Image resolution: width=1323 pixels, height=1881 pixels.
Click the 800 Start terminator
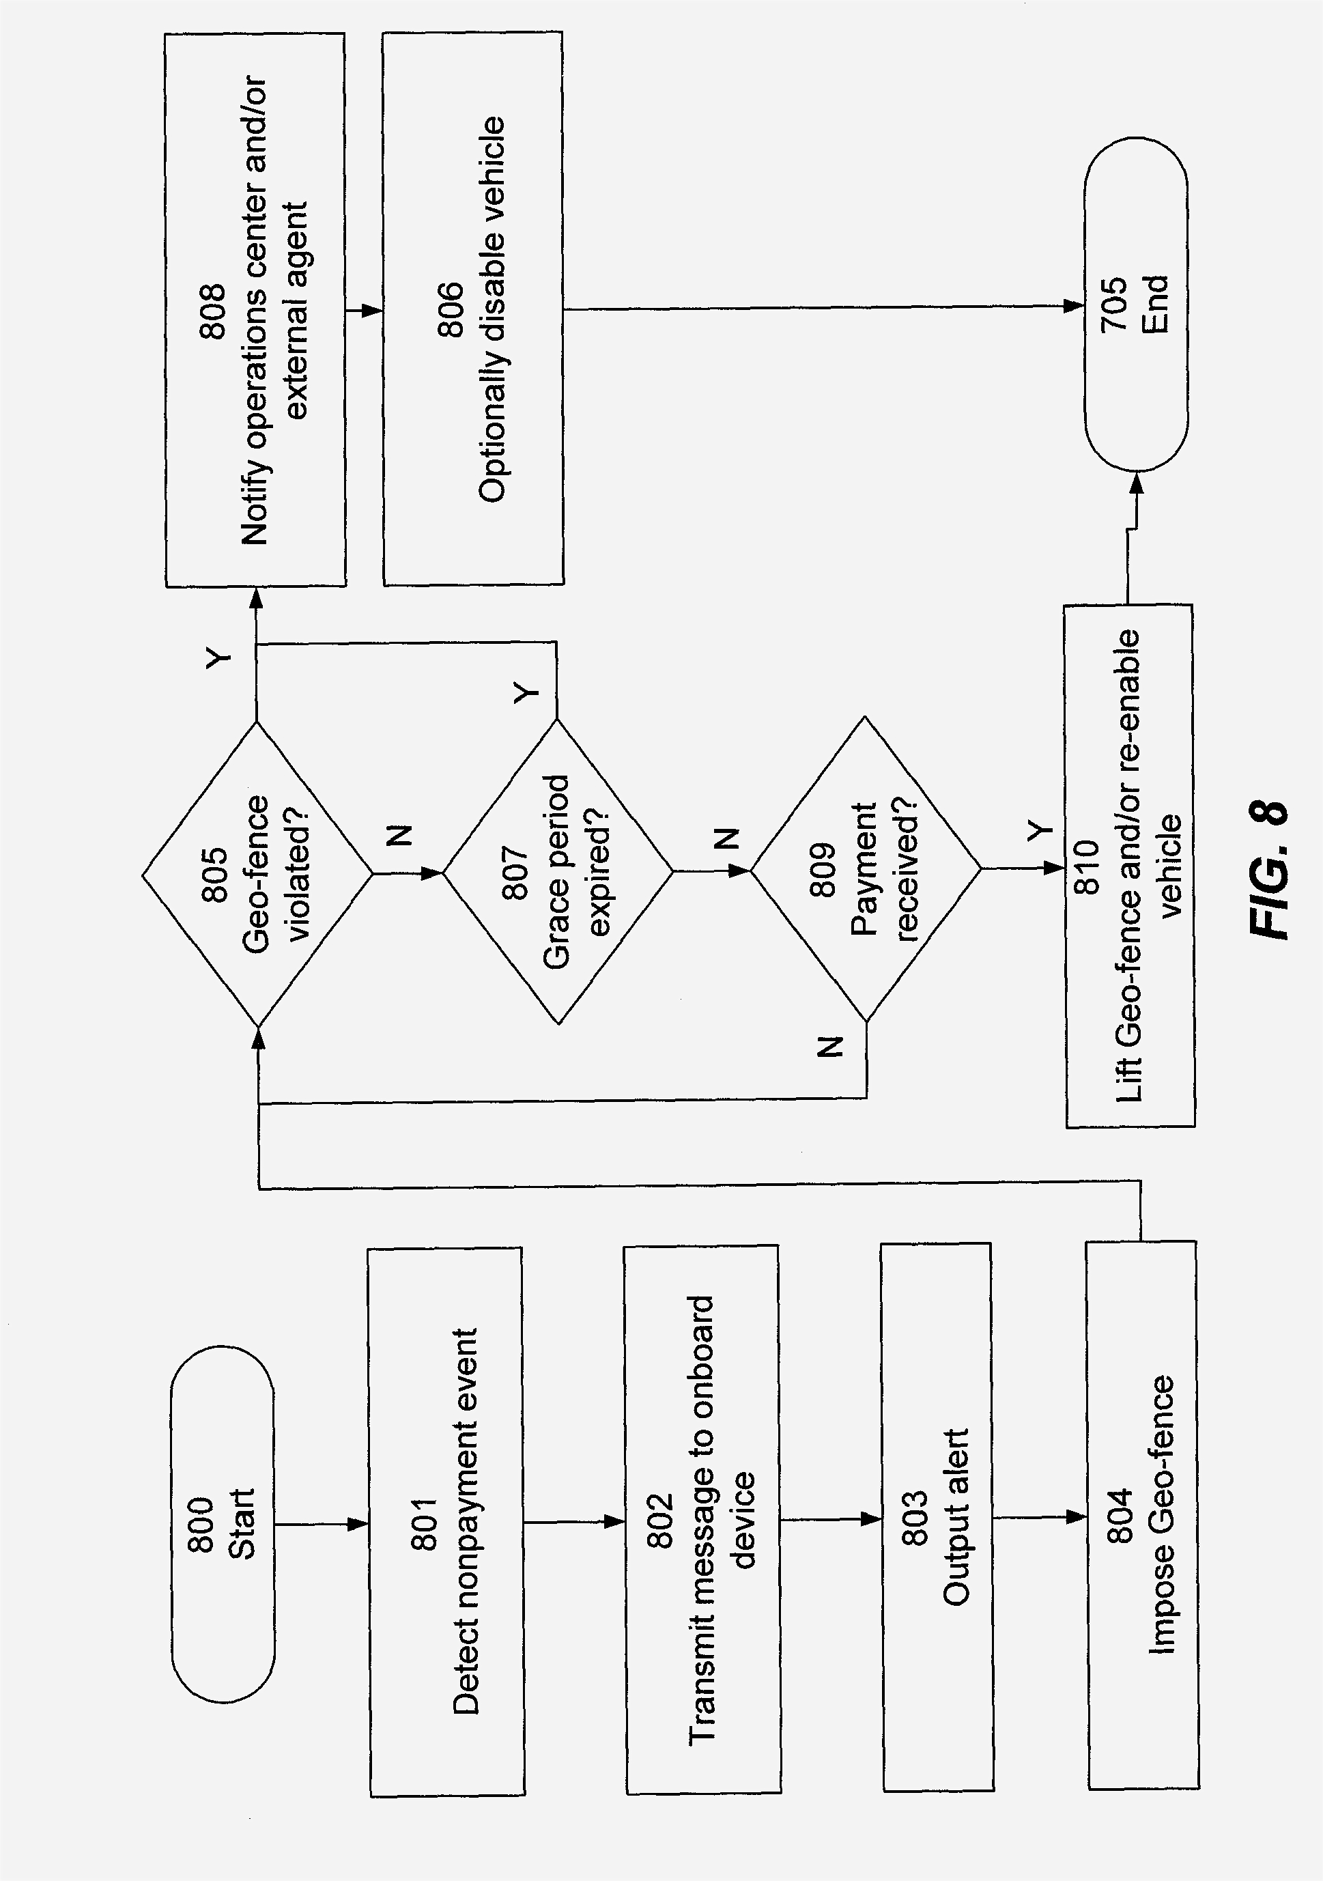[x=223, y=1524]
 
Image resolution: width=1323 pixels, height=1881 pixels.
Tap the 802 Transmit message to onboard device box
[x=702, y=1521]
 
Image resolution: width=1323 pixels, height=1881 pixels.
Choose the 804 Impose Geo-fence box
[x=1142, y=1515]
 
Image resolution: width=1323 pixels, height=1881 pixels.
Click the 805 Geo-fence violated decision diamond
[x=257, y=873]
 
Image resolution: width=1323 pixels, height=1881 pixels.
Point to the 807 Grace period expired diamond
[x=557, y=872]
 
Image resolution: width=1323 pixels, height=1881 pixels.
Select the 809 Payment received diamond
[x=865, y=869]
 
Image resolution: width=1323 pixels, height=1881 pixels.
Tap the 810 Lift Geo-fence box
[x=1130, y=866]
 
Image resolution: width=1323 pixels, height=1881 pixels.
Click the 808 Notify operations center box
[x=255, y=311]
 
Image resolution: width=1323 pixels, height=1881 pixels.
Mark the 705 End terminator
[x=1135, y=305]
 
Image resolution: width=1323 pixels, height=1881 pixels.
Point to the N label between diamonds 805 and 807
[x=399, y=836]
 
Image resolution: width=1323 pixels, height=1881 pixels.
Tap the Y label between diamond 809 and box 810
[x=1039, y=832]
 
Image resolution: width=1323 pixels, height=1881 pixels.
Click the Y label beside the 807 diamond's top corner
[x=526, y=693]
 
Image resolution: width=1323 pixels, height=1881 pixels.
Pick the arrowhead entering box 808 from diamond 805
[x=257, y=599]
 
